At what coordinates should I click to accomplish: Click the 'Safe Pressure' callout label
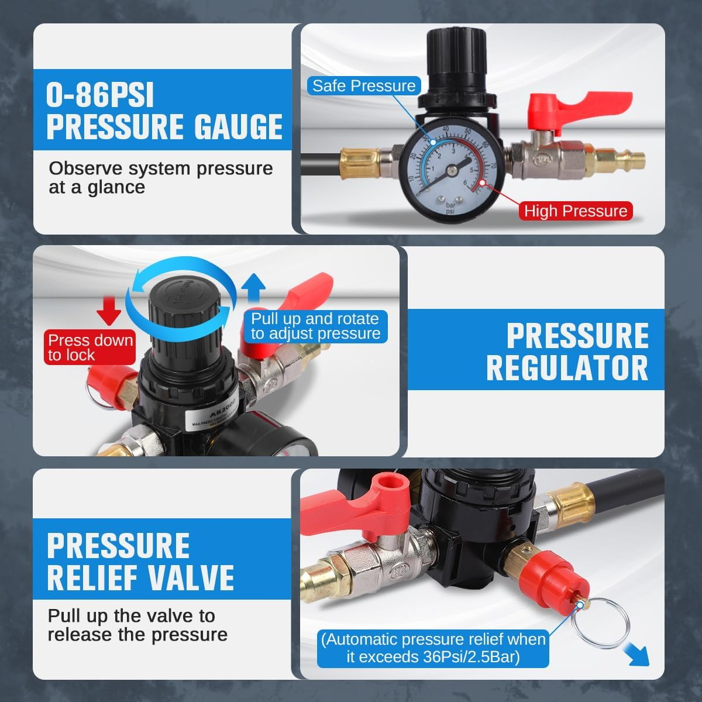click(363, 86)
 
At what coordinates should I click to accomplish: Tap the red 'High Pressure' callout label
click(575, 211)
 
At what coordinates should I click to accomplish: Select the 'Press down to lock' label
click(90, 347)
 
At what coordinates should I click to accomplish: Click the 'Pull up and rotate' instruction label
click(315, 326)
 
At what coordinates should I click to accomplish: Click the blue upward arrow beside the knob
click(253, 290)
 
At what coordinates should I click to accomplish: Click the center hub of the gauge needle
click(450, 170)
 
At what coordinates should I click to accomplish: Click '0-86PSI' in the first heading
click(100, 95)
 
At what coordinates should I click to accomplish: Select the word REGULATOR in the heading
click(567, 368)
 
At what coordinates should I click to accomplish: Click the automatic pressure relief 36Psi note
click(433, 648)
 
